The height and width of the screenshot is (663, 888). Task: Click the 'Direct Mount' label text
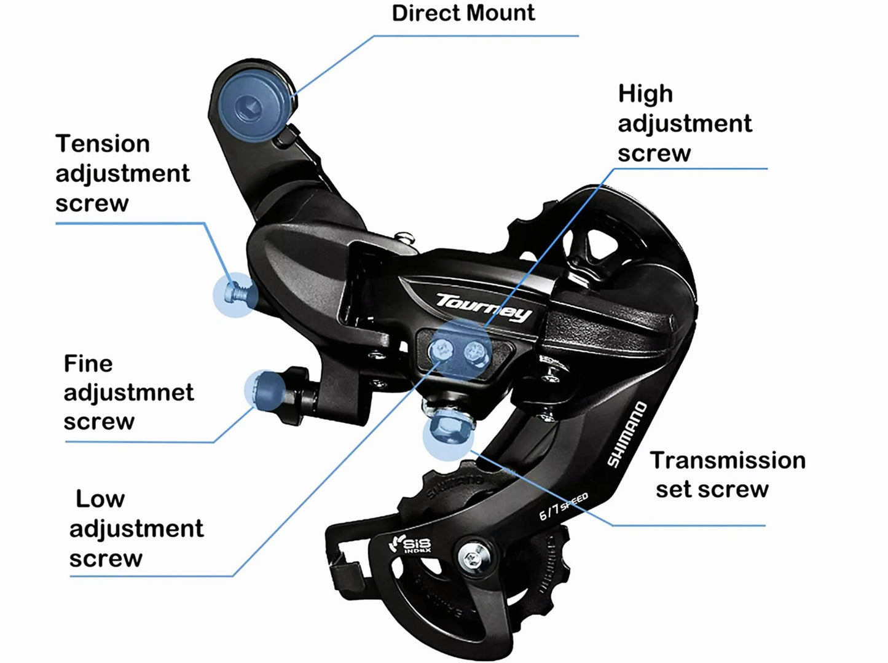coord(463,13)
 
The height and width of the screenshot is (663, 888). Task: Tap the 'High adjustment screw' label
coord(684,124)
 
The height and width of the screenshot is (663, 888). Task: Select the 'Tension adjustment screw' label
coord(122,173)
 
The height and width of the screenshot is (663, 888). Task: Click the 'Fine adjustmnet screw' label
coord(128,392)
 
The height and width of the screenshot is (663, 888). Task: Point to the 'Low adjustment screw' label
coord(136,528)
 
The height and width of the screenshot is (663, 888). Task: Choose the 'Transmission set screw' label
coord(727,474)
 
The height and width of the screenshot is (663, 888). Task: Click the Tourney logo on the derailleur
coord(484,307)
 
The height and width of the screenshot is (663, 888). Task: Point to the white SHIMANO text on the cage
coord(627,434)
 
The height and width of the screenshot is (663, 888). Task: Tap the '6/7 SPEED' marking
coord(563,505)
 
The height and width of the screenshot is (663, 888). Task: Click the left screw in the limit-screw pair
coord(442,350)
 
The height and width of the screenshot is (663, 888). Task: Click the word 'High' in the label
coord(645,94)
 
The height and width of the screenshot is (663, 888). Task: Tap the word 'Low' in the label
coord(100,499)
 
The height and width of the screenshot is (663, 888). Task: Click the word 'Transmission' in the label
coord(728,460)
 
